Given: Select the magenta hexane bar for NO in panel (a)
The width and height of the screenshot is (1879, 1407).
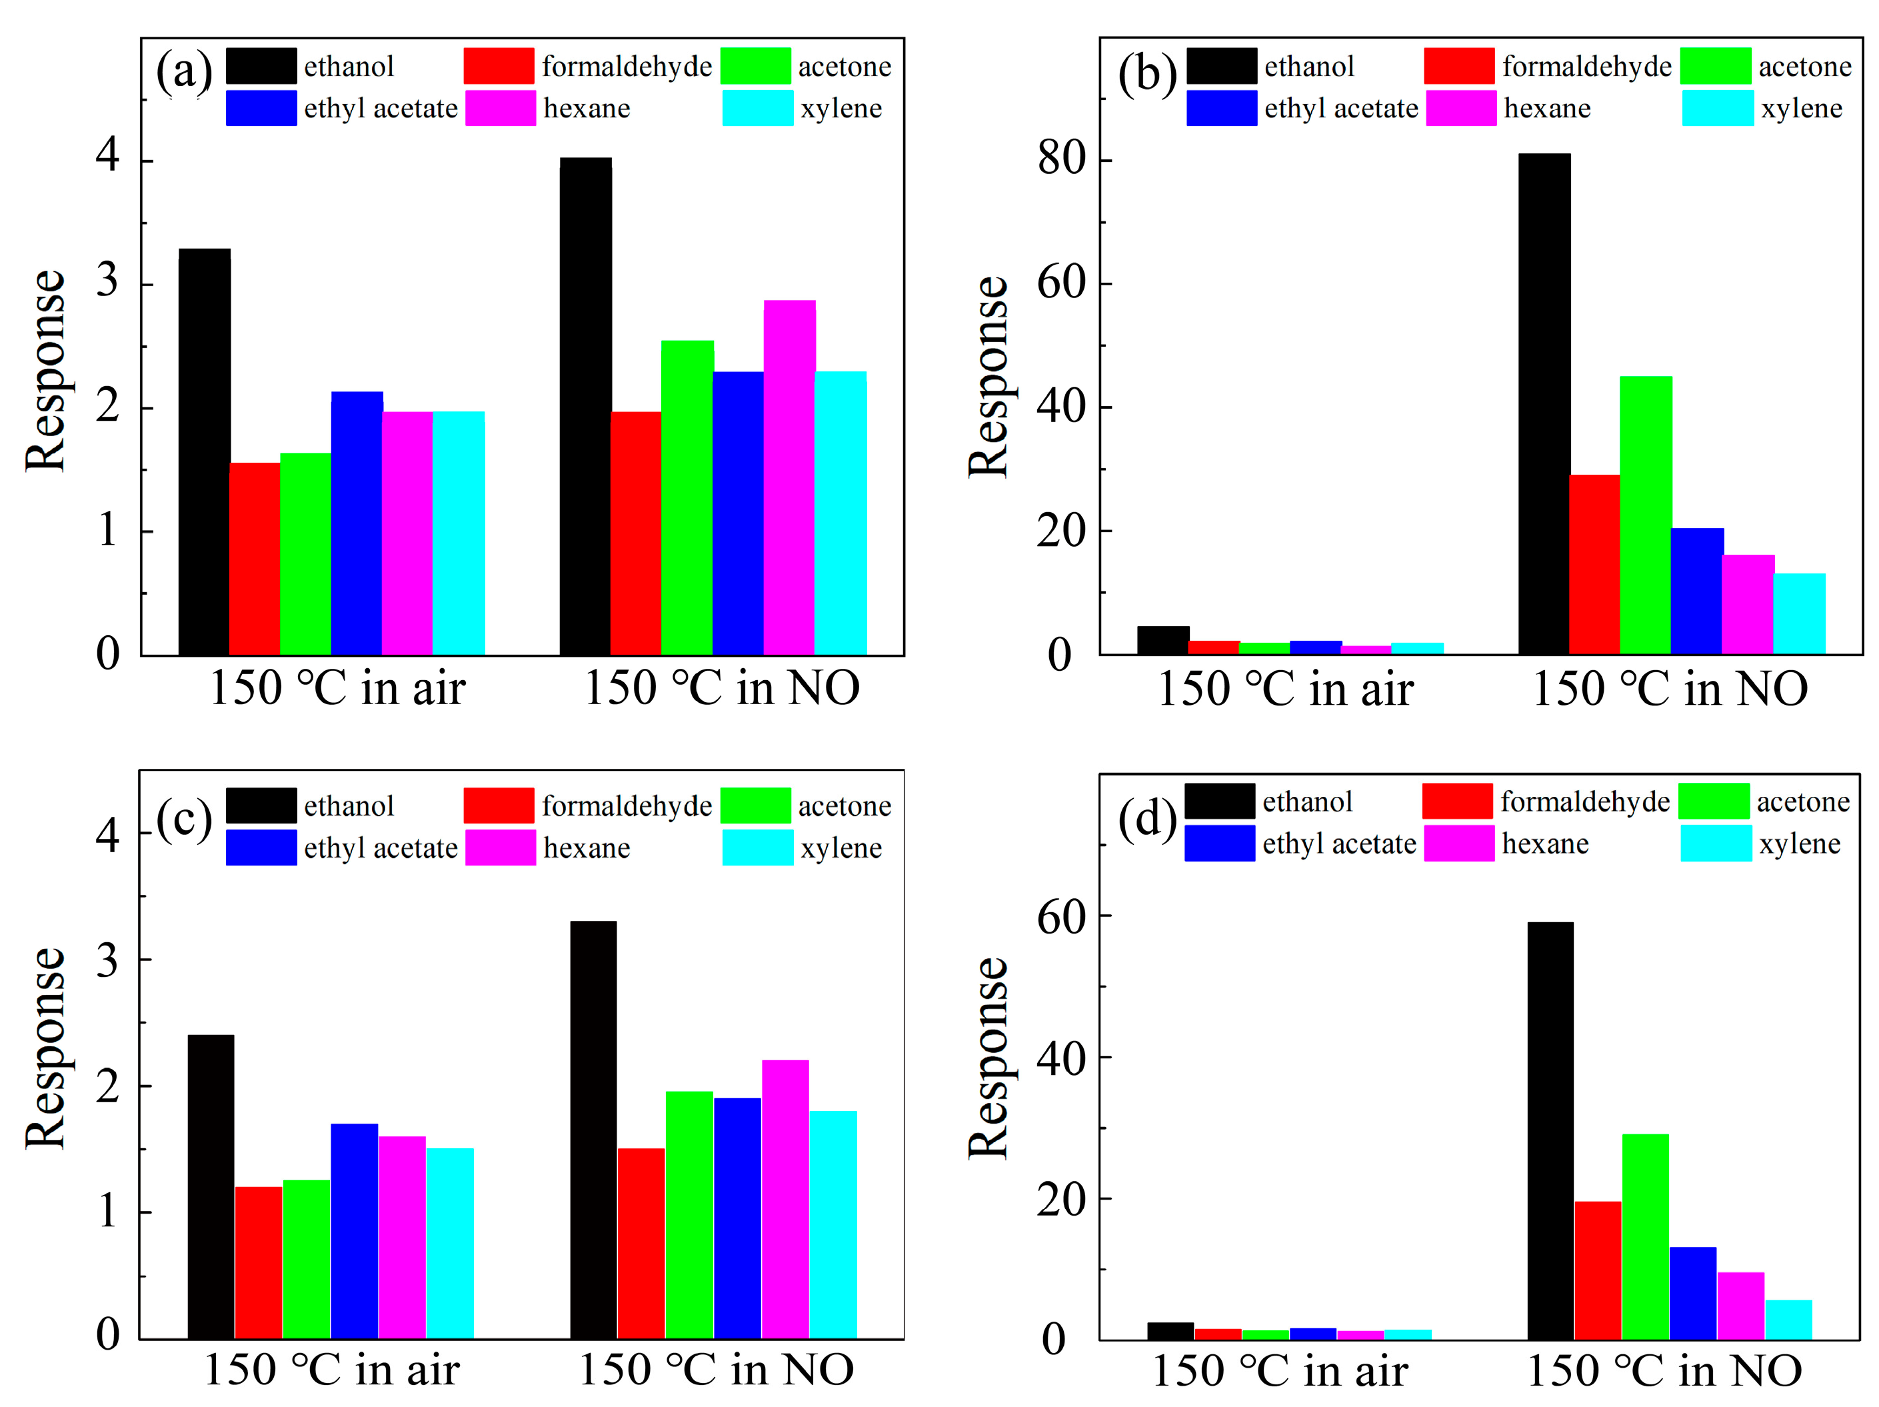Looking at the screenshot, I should [789, 477].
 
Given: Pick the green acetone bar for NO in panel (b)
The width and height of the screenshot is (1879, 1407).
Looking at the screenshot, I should [1646, 515].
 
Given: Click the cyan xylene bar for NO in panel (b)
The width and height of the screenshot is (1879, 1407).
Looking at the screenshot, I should [1799, 613].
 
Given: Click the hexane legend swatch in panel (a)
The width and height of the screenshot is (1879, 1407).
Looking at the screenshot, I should [501, 109].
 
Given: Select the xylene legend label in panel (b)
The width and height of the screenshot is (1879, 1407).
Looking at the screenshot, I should [1802, 109].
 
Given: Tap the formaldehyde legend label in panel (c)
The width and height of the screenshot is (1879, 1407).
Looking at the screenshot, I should [627, 806].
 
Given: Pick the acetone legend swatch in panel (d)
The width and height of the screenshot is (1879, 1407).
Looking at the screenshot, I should [1713, 802].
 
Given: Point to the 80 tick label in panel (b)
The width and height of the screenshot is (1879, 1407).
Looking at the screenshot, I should [1061, 159].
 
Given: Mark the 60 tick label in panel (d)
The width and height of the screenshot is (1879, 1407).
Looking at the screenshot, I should [1061, 917].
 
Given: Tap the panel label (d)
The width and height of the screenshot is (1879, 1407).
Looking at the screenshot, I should [1146, 818].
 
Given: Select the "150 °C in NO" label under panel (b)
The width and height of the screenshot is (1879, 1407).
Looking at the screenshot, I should [1670, 688].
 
